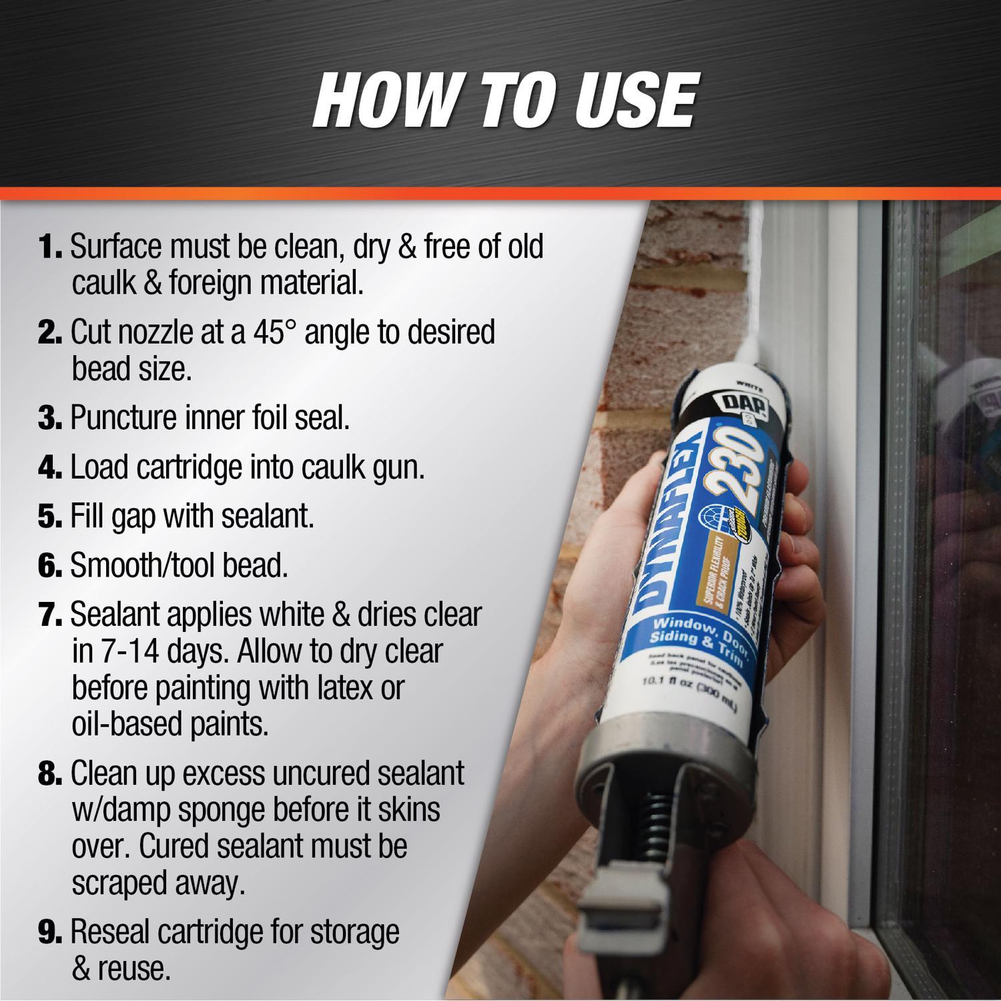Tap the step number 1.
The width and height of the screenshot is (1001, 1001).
pos(49,247)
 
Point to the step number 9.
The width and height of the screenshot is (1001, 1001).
pos(49,932)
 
